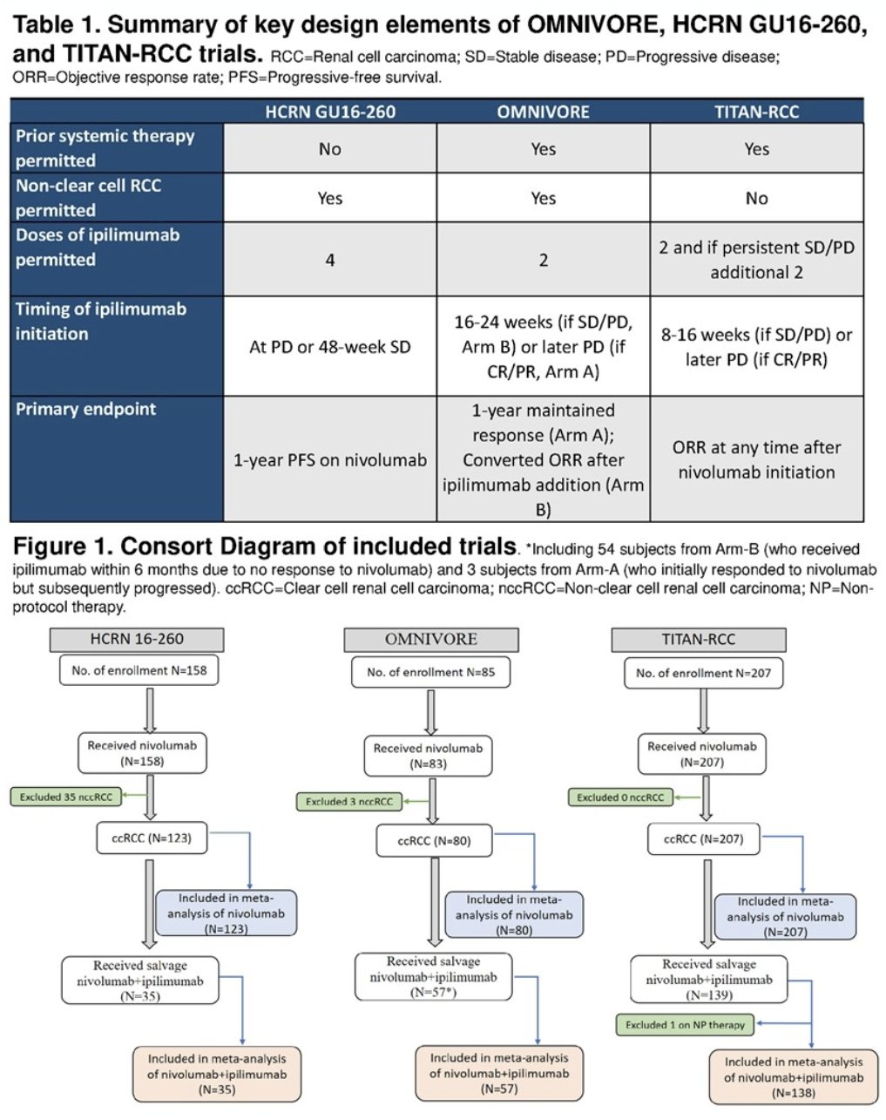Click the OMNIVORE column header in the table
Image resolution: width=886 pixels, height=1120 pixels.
[543, 112]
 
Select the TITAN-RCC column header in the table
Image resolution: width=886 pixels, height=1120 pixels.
[756, 112]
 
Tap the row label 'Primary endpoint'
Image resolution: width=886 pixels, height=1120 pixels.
[86, 409]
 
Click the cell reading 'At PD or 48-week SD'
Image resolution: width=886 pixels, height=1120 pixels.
[330, 347]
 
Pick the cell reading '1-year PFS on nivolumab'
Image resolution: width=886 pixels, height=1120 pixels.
[330, 459]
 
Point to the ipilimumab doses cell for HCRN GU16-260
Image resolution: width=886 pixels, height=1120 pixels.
[330, 260]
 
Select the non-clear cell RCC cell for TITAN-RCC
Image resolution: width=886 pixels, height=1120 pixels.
[756, 199]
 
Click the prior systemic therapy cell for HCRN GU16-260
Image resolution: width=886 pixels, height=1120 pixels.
[330, 149]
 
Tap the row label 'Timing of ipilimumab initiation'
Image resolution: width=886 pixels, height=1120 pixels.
[101, 321]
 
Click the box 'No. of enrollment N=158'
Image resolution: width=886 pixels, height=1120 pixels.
[139, 670]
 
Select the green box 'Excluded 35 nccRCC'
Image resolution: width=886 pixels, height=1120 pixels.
[66, 797]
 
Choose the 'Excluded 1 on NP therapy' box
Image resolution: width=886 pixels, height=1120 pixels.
[685, 1025]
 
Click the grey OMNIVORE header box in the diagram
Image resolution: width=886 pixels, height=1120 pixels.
[431, 640]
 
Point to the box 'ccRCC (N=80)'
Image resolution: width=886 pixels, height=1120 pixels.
[435, 840]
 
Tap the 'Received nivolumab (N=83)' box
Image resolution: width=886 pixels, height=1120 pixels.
[428, 756]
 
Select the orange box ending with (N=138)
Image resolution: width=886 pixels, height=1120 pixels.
[794, 1076]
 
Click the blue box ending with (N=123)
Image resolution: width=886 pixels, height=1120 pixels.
[227, 913]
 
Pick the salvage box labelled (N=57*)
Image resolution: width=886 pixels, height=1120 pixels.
[433, 977]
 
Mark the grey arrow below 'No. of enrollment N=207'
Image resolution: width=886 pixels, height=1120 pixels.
[703, 711]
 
